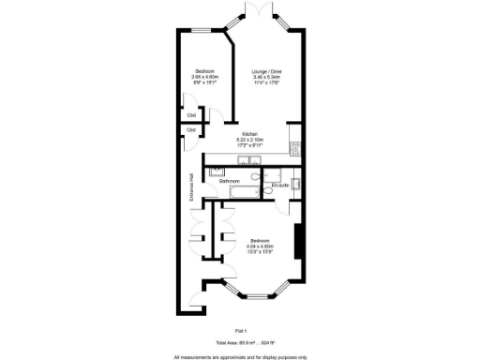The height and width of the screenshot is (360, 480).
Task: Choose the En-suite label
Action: click(279, 186)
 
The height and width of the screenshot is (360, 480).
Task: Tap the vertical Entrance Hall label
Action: click(191, 187)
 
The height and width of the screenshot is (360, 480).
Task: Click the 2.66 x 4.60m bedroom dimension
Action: click(205, 77)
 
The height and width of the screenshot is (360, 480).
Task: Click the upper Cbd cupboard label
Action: click(191, 116)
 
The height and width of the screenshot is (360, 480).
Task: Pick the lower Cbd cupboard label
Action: click(191, 129)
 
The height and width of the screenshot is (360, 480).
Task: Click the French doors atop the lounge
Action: click(259, 13)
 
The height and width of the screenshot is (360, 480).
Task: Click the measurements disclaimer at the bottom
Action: click(240, 356)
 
